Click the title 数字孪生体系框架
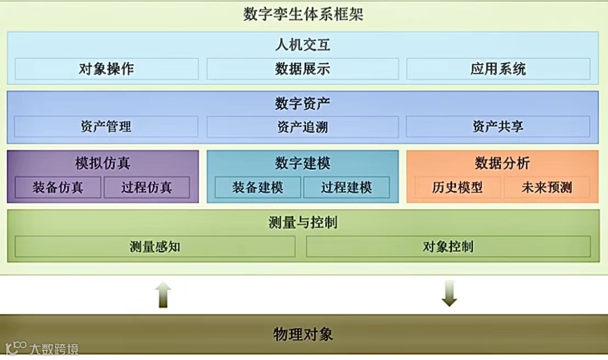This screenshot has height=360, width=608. [x=303, y=14]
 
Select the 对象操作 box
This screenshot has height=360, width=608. [x=106, y=69]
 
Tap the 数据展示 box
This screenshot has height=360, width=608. [x=302, y=69]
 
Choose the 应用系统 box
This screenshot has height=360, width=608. [x=498, y=69]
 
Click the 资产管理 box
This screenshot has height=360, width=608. [x=106, y=127]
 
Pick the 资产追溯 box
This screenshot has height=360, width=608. [x=302, y=127]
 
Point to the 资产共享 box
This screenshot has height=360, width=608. [x=498, y=127]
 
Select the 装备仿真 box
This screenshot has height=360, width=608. [x=58, y=187]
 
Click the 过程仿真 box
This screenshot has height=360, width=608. [x=146, y=187]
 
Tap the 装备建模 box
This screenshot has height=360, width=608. [x=258, y=187]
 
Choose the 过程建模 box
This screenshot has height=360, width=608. [x=346, y=187]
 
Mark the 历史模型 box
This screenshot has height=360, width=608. [x=458, y=187]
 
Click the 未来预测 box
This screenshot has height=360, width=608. [x=547, y=187]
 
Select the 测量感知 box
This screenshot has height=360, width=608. [x=155, y=246]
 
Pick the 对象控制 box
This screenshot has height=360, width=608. [x=448, y=246]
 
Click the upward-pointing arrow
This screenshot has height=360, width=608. [x=163, y=294]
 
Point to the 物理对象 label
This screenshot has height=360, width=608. [x=303, y=334]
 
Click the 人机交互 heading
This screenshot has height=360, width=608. [x=302, y=45]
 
